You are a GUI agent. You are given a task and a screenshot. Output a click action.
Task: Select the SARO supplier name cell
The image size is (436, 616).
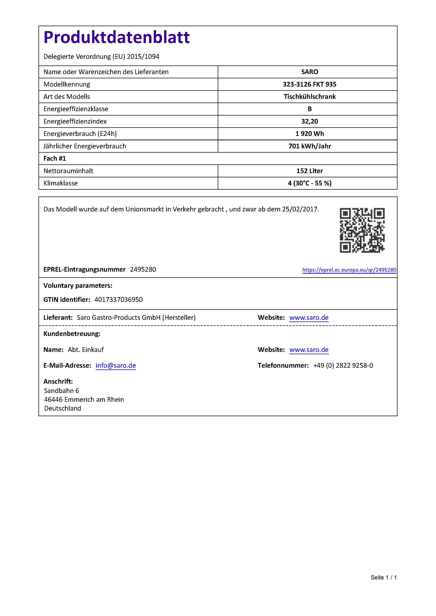coord(309,72)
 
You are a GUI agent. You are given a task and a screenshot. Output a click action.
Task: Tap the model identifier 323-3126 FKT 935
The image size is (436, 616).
coord(309,84)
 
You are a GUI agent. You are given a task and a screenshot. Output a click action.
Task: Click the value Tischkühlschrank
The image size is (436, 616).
coord(309,97)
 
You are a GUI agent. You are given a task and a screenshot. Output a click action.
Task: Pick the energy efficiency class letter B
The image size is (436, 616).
coord(309,109)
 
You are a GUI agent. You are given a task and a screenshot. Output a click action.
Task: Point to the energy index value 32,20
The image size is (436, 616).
coord(309,121)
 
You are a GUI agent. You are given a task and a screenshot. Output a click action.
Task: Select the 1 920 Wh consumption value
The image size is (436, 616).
coord(309,134)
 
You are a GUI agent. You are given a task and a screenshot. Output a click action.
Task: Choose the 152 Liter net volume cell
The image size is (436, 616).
coord(309,171)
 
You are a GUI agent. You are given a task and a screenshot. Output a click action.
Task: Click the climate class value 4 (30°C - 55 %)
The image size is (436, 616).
coord(309,183)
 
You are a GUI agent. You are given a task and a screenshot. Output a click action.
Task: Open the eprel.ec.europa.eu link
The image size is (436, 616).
coord(349,270)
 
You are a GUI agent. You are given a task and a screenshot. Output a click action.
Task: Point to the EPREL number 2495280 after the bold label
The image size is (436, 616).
coord(143,269)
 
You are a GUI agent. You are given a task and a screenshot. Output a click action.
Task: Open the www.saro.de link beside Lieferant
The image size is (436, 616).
coord(309,318)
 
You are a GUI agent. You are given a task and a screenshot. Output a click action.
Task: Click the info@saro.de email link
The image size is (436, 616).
coord(116,365)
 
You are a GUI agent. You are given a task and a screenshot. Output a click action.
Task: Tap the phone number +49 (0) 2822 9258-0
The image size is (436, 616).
coord(343,365)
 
